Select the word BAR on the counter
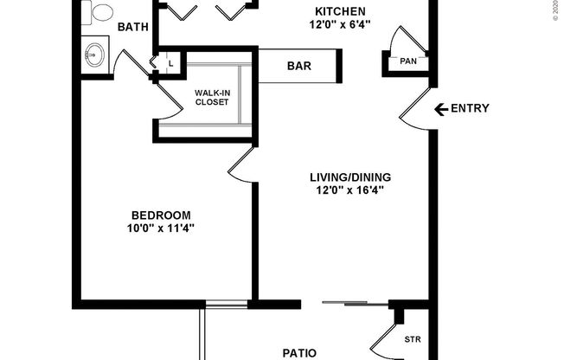(x=299, y=66)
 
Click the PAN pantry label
(x=407, y=61)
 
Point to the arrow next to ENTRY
(x=440, y=109)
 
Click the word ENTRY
(x=471, y=109)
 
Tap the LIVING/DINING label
(x=346, y=178)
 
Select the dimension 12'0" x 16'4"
(x=346, y=191)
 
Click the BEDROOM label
(x=162, y=215)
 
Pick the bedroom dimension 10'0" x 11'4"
(x=162, y=228)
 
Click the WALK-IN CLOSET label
(x=211, y=96)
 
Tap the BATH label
(x=133, y=27)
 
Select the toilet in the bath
(x=101, y=11)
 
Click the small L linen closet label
(x=170, y=63)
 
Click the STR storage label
(x=413, y=339)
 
